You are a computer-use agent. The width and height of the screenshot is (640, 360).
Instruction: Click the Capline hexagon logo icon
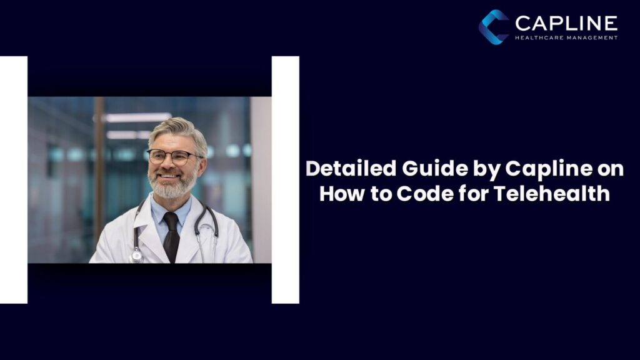(494, 27)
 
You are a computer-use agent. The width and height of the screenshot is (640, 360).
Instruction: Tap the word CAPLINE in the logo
(566, 24)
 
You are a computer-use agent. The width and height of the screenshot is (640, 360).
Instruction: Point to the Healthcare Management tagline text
(566, 37)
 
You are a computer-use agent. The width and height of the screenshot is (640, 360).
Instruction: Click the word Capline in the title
(538, 169)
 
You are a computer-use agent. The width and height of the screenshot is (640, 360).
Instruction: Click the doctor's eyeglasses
(173, 156)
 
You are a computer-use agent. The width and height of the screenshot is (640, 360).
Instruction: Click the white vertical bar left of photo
(13, 180)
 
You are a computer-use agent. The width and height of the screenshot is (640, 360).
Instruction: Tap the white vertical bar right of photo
(285, 180)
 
